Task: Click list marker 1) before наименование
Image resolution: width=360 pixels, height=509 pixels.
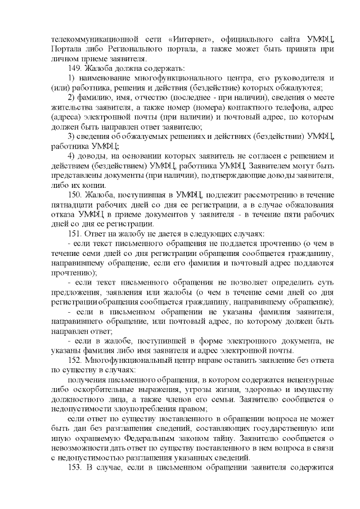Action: click(71, 78)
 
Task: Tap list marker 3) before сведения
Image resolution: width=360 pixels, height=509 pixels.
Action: click(71, 136)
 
